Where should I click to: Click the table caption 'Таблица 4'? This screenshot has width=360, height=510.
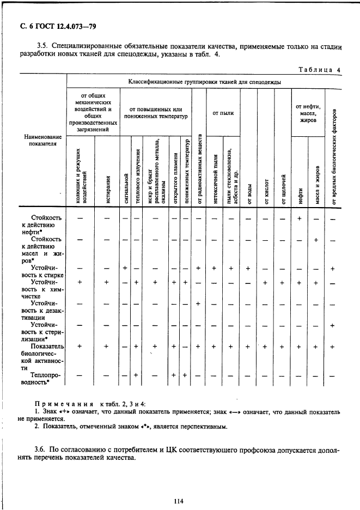click(320, 70)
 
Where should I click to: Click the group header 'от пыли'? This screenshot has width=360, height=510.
click(223, 113)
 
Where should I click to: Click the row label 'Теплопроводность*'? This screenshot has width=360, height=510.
click(46, 379)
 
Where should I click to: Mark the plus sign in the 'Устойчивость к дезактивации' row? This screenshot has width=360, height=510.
click(198, 304)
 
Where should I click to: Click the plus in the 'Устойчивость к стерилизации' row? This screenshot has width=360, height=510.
click(332, 325)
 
